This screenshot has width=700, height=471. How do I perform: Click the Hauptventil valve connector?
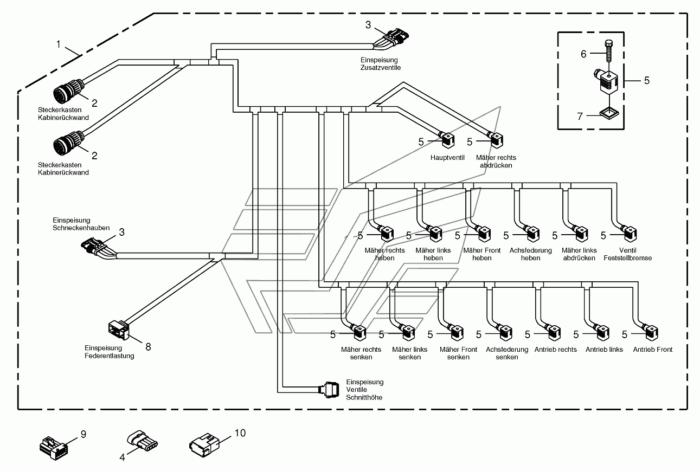[x=447, y=140]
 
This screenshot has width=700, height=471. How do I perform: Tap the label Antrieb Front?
[x=652, y=349]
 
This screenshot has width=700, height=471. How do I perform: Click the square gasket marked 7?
[x=609, y=114]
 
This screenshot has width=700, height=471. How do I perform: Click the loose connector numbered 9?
[x=54, y=448]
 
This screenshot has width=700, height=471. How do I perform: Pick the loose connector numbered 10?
[x=204, y=445]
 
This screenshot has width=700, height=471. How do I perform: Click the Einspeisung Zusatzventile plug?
[x=392, y=38]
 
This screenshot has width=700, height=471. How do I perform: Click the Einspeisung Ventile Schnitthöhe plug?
[x=329, y=390]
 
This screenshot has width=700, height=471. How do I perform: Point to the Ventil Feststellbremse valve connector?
[x=629, y=234]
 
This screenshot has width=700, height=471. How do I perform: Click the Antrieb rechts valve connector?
[x=553, y=333]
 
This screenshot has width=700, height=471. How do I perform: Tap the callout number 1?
[x=58, y=44]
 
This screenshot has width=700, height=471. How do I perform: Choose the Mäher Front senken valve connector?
[x=455, y=333]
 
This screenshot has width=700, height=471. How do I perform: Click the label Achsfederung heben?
[x=531, y=254]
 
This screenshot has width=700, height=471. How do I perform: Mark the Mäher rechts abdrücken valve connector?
[x=496, y=140]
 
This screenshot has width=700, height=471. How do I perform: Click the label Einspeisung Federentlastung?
[x=110, y=352]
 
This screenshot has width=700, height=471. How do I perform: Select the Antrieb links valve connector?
[x=601, y=333]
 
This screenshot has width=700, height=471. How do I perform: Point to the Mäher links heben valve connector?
[x=434, y=234]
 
